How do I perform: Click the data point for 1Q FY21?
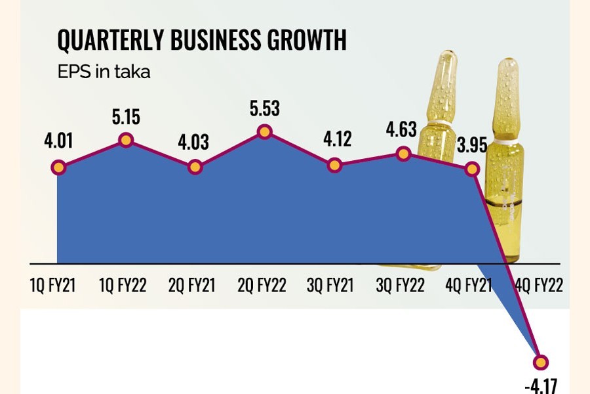coord(58,167)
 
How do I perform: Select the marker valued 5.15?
coord(126,140)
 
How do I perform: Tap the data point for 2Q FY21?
coord(195,167)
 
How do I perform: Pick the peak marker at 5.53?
coord(264,132)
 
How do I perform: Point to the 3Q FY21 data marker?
coord(334,165)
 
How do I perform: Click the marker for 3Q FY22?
coord(403,154)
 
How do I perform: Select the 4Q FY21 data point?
coord(471,169)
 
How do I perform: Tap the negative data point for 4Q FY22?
coord(541,362)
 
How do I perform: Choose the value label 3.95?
coord(471,145)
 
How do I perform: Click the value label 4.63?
coord(401,129)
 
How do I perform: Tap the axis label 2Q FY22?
coord(263,286)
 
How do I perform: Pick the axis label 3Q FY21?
coord(332,286)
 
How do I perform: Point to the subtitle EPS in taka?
coord(104,72)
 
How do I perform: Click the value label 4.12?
coord(334,140)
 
